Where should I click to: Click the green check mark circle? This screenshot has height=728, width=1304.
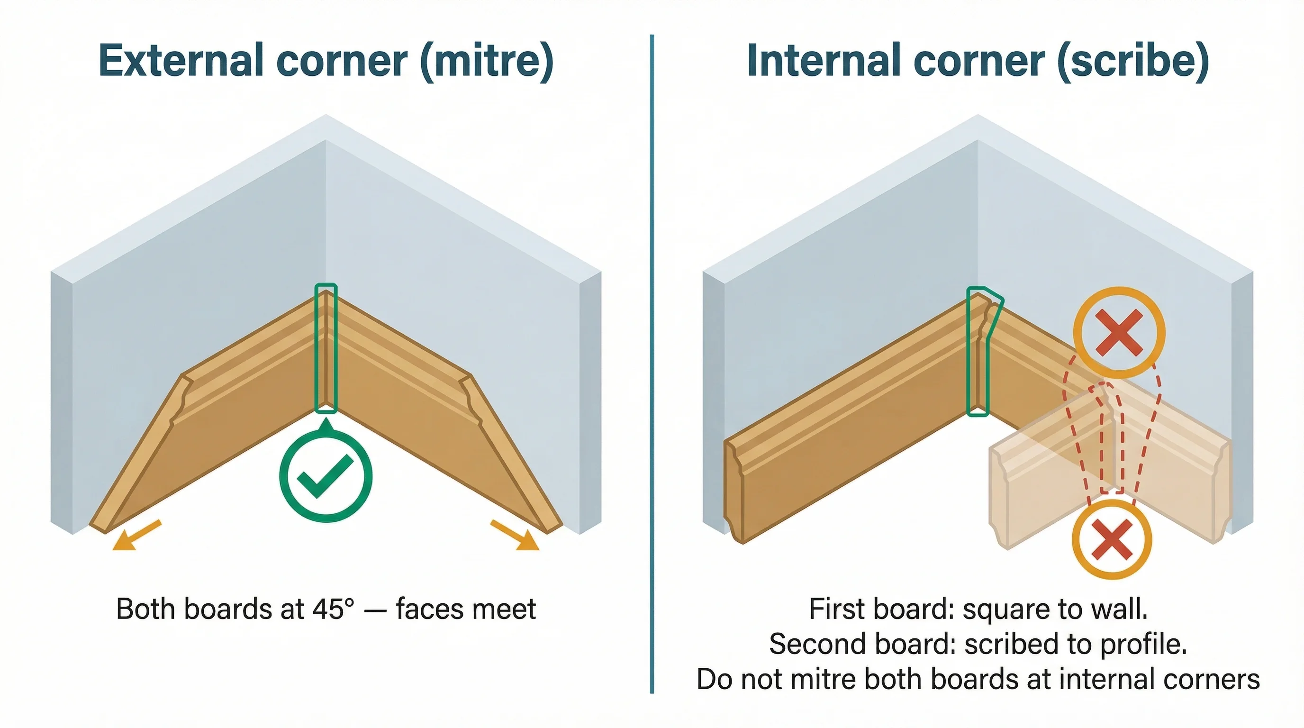pyautogui.click(x=326, y=476)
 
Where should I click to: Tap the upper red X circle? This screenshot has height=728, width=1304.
pyautogui.click(x=1119, y=333)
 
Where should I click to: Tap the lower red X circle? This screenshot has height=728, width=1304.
pyautogui.click(x=1112, y=539)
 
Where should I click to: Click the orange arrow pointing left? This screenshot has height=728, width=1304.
pyautogui.click(x=135, y=536)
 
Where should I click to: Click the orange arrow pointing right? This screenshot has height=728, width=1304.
pyautogui.click(x=516, y=536)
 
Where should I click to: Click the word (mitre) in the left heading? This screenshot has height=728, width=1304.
pyautogui.click(x=487, y=61)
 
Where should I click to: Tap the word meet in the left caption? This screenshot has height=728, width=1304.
pyautogui.click(x=504, y=609)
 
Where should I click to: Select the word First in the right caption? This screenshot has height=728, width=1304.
pyautogui.click(x=830, y=609)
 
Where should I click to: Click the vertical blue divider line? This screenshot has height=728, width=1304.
pyautogui.click(x=652, y=355)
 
